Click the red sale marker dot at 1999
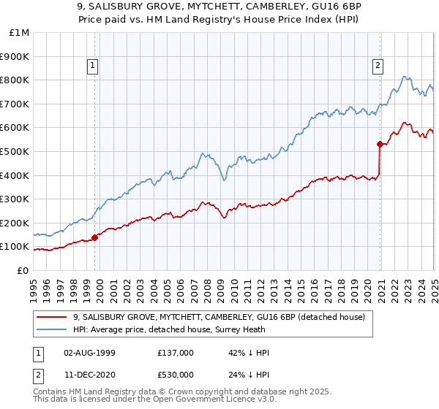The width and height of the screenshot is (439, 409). coord(95,237)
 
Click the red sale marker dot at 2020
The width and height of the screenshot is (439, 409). coord(380,144)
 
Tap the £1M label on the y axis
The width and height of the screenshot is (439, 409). coord(20,33)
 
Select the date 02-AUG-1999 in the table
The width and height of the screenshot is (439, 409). coord(89,353)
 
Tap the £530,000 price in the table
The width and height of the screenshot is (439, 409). coord(176,375)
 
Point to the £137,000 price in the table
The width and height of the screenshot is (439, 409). coord(176,353)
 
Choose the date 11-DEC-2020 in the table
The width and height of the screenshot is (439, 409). coord(89,375)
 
